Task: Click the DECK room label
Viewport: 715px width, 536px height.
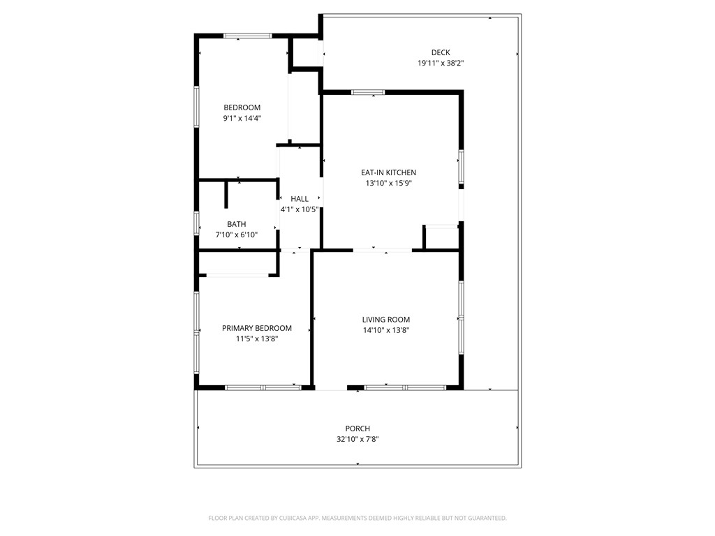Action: tap(441, 52)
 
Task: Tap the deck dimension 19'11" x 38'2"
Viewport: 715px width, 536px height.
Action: tap(441, 63)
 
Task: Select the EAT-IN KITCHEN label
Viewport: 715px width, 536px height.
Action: tap(388, 172)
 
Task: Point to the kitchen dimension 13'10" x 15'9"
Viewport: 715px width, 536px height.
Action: tap(388, 184)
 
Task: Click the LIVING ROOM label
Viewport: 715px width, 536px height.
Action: tap(385, 320)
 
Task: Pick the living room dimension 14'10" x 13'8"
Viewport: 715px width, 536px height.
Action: tap(385, 330)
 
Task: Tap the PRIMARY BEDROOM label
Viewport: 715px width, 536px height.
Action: tap(257, 328)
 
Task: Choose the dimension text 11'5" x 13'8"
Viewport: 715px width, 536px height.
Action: tap(257, 338)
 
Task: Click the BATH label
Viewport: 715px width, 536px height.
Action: tap(236, 224)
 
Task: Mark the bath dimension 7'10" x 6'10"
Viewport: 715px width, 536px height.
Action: tap(236, 234)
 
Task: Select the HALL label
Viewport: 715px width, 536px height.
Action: tap(300, 199)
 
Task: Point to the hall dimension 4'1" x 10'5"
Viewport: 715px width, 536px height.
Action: tap(300, 209)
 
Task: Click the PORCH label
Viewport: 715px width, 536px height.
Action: tap(357, 429)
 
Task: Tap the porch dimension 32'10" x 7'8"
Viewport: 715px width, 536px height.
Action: tap(357, 439)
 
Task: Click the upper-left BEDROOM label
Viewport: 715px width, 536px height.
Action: tap(242, 107)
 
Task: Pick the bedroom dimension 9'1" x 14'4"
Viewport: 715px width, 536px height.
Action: tap(242, 118)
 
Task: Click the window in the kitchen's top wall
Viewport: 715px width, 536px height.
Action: tap(367, 92)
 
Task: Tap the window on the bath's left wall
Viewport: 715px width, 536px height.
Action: tap(197, 223)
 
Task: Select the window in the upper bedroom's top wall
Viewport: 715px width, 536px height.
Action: tap(247, 35)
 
